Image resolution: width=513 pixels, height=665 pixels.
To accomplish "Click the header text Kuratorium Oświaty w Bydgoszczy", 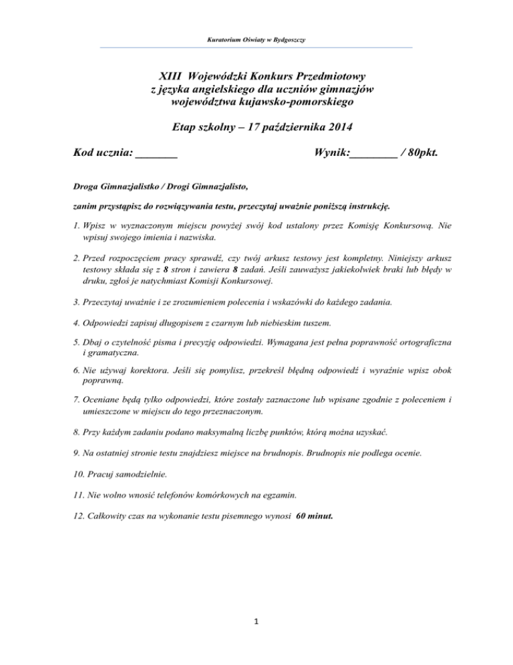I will tap(256, 40).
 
